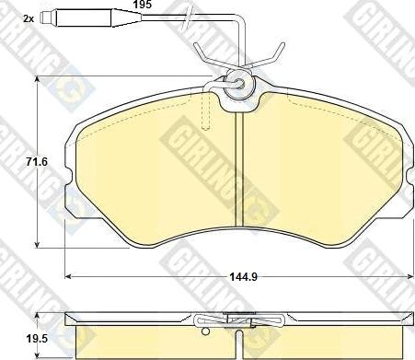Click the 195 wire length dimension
[x=142, y=5]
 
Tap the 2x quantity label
[x=29, y=18]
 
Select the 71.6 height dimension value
[x=37, y=162]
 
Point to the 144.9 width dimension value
[x=244, y=277]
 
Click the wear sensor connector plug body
[x=84, y=18]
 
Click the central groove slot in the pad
[x=239, y=169]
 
